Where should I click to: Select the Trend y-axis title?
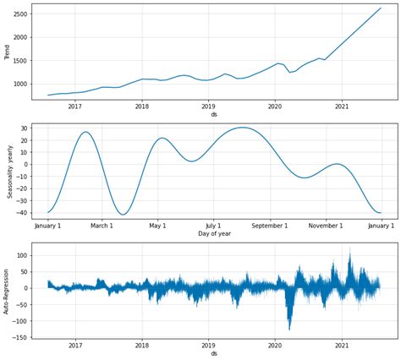coord(7,52)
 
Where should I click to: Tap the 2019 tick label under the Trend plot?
coord(208,106)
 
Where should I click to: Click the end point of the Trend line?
coord(381,8)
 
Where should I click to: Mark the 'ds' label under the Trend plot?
coord(214,114)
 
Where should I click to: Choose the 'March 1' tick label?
coord(102,226)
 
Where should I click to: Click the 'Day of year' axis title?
coord(214,233)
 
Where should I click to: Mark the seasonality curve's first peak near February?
coord(85,132)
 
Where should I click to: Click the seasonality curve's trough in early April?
coord(124,215)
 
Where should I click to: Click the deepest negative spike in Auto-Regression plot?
coord(289,329)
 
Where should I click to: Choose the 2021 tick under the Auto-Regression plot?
coord(342,345)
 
